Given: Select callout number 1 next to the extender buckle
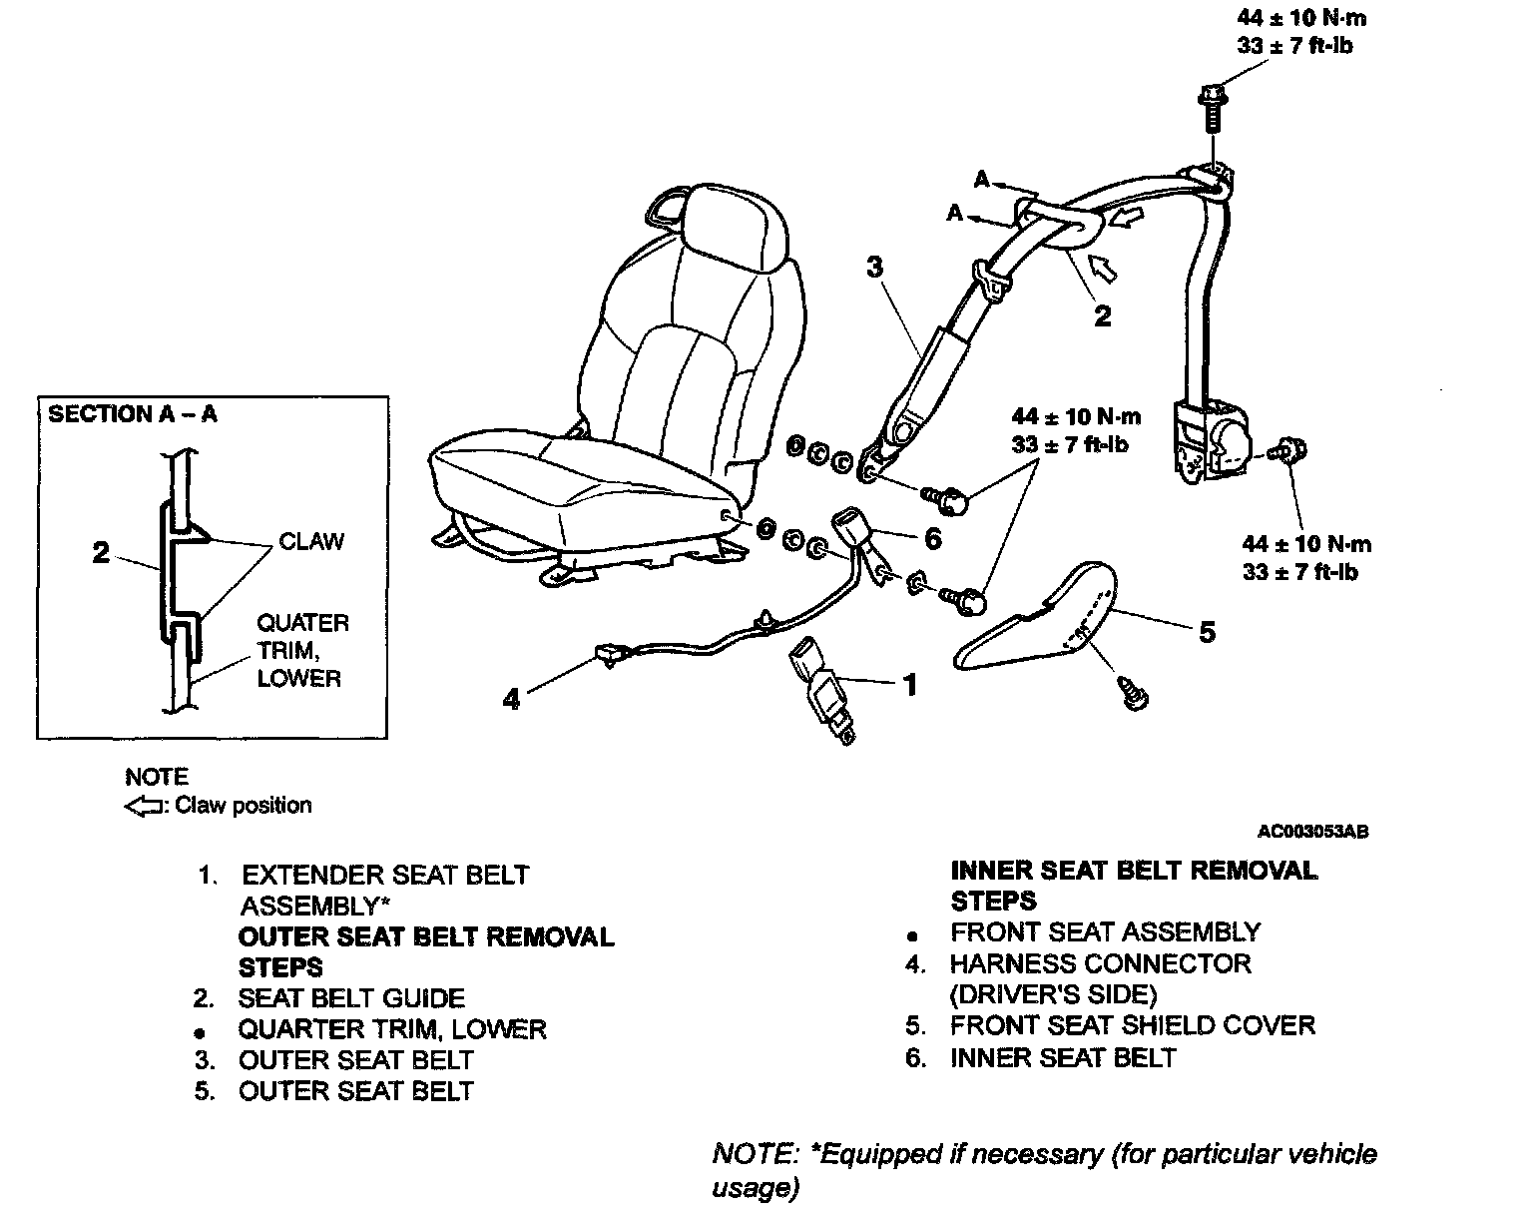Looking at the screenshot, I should pyautogui.click(x=909, y=685).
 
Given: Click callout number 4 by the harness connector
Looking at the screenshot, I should pyautogui.click(x=511, y=699).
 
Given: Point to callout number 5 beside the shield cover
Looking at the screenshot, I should pyautogui.click(x=1207, y=632).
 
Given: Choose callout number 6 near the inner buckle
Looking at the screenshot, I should pyautogui.click(x=932, y=539).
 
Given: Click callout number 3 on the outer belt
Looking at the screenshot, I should pyautogui.click(x=874, y=267).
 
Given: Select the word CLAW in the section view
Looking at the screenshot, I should pyautogui.click(x=311, y=542).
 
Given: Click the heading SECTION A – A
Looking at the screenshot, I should pyautogui.click(x=133, y=414).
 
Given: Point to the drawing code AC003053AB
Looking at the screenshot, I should pyautogui.click(x=1312, y=831).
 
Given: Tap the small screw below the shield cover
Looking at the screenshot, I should pyautogui.click(x=1135, y=692).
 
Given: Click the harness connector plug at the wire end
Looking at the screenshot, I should pyautogui.click(x=607, y=653).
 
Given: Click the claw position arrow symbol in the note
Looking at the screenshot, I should pyautogui.click(x=142, y=806).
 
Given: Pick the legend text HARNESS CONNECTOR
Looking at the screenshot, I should pyautogui.click(x=1100, y=963).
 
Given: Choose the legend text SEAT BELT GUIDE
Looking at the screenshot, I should pyautogui.click(x=351, y=998).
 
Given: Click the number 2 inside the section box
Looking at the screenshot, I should pyautogui.click(x=101, y=552).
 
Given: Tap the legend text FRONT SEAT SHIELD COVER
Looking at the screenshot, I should pyautogui.click(x=1132, y=1025).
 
